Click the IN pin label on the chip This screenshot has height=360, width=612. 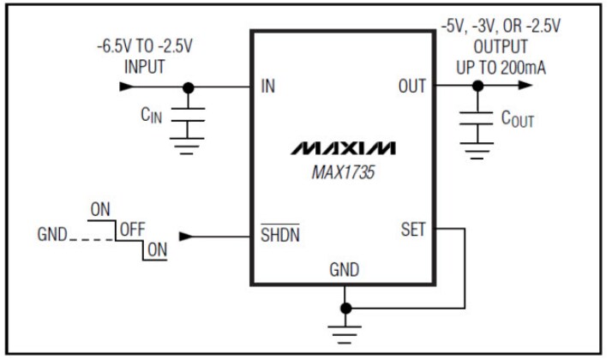pos(268,87)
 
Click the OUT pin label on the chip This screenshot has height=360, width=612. pos(411,87)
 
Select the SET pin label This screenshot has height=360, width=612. pos(412,230)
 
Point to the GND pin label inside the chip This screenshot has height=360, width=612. pos(345,270)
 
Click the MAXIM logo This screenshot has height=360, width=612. pos(343,148)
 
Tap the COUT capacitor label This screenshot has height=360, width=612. pos(518,119)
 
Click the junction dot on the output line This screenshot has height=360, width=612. pos(477,87)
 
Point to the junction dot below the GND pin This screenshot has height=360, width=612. pos(345,308)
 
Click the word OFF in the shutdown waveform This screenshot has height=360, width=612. pos(132,229)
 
